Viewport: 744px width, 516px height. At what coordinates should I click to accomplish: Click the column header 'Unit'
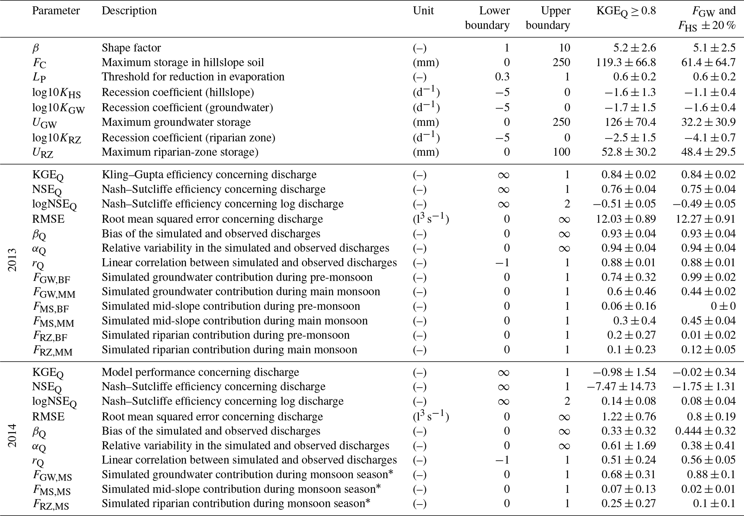coord(423,11)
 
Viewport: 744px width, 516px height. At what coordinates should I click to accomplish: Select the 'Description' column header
coord(129,11)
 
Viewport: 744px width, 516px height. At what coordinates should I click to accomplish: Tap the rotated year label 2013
coord(12,259)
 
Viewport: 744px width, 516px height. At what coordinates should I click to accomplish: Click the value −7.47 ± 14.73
coord(621,386)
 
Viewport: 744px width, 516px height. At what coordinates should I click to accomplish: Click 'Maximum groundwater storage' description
coord(176,122)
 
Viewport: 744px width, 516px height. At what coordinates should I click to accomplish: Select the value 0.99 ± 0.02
coord(708,277)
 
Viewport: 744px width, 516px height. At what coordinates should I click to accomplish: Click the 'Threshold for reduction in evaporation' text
coord(193,77)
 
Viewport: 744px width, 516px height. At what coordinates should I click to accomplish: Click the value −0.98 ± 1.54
coord(624,372)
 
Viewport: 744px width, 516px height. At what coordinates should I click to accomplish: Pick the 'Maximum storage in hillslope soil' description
coord(183,62)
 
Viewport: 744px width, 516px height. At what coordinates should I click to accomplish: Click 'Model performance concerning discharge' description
coord(200,372)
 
